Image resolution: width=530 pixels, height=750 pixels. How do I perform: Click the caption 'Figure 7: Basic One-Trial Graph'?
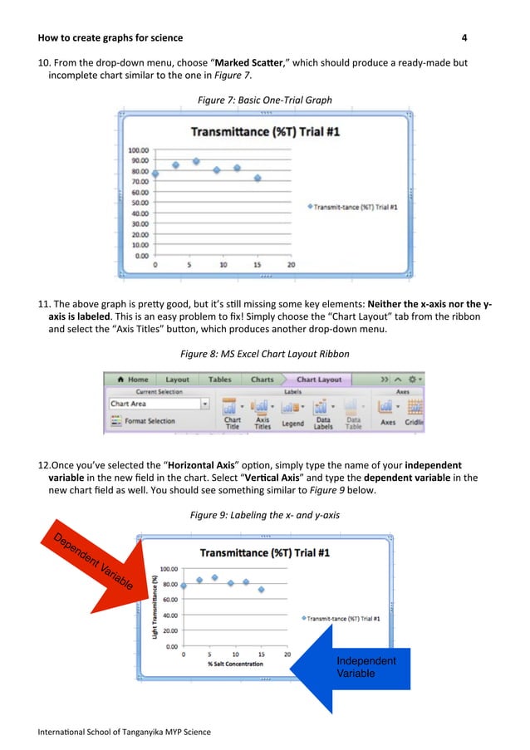click(x=264, y=100)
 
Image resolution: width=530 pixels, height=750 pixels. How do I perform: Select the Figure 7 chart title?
click(x=260, y=131)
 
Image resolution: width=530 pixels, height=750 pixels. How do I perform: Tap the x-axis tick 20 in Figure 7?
click(x=291, y=265)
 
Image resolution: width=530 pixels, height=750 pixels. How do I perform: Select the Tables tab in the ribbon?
click(x=219, y=380)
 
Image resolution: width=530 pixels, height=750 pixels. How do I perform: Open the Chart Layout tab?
click(x=318, y=380)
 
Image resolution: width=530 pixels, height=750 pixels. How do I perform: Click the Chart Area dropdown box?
click(x=159, y=404)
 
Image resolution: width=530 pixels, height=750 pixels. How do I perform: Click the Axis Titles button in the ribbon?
click(x=263, y=413)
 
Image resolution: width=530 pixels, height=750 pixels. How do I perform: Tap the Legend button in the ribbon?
click(x=292, y=413)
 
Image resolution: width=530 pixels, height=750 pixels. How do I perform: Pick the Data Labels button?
click(x=322, y=413)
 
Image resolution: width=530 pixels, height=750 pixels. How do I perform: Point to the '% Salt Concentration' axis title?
click(x=235, y=664)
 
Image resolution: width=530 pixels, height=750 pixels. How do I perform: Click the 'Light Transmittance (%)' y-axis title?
click(x=155, y=610)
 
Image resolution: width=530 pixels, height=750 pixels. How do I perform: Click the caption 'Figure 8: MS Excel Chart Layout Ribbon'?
click(x=264, y=355)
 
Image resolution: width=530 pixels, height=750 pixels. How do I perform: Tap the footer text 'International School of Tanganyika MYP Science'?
click(x=124, y=732)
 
